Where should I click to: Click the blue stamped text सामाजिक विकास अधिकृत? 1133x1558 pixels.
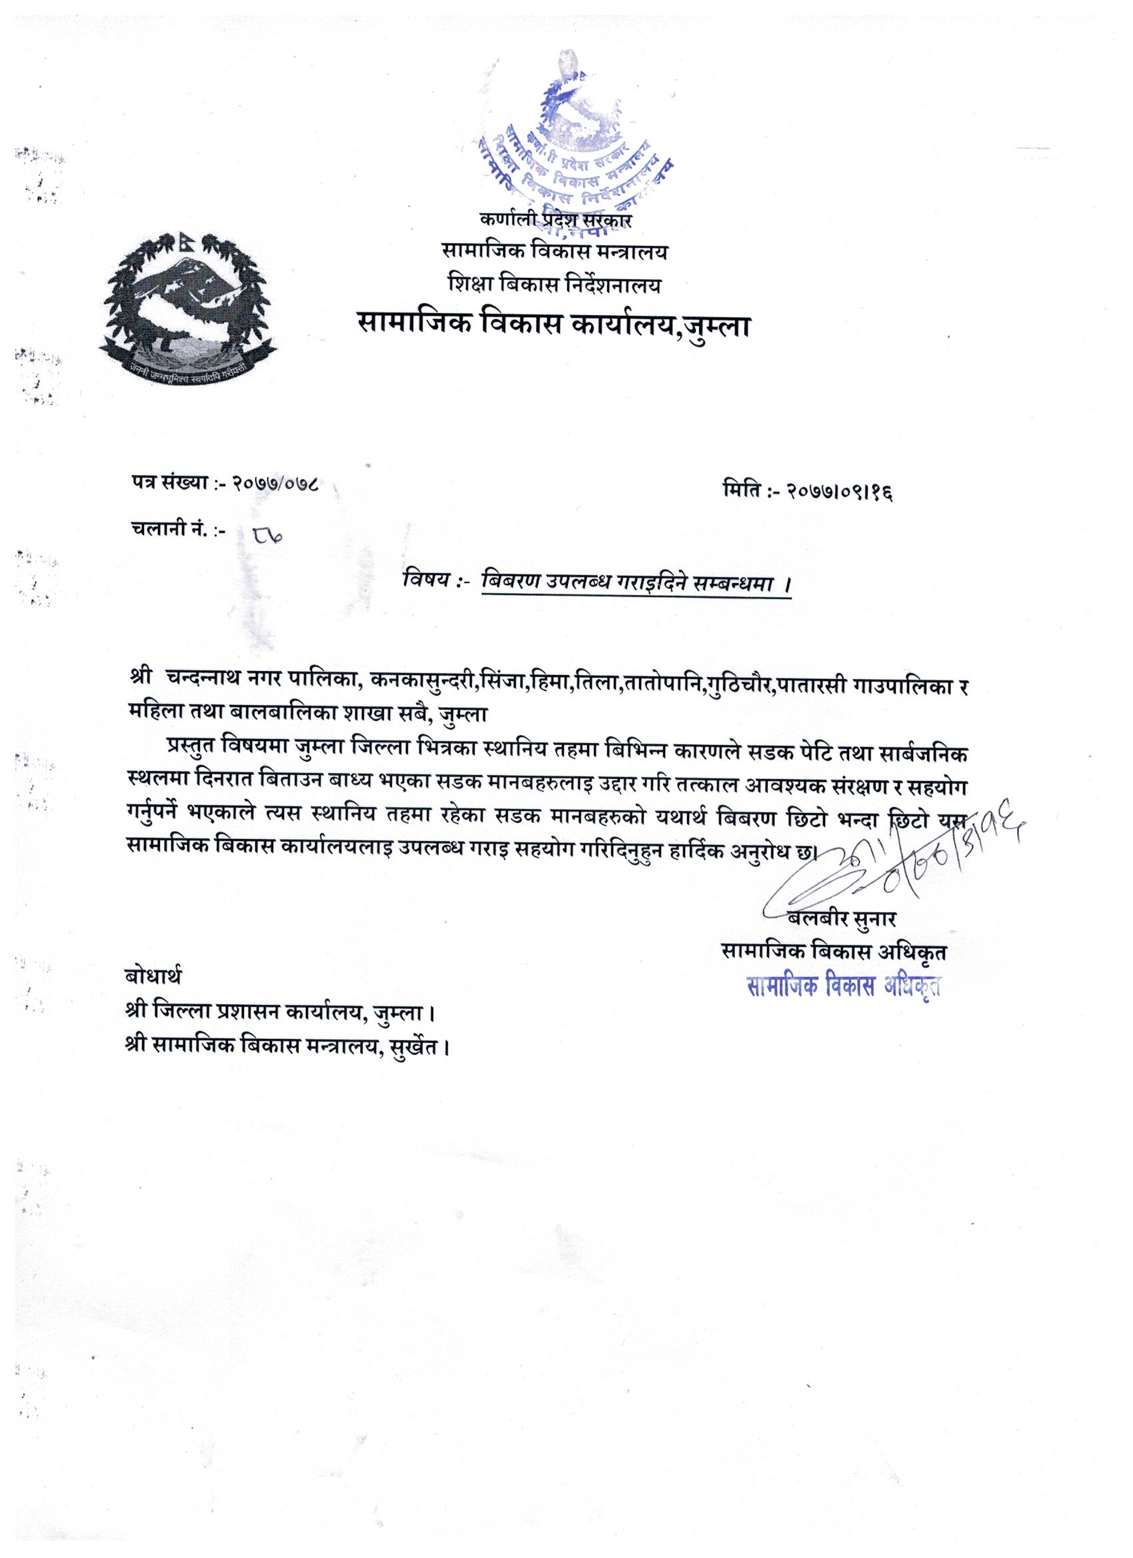pos(844,986)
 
